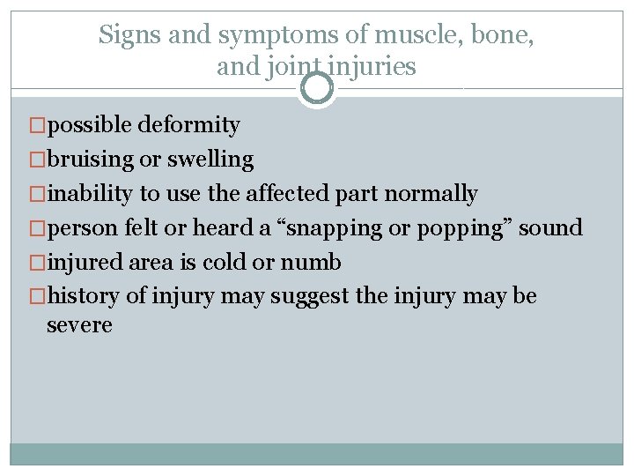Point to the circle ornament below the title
(317, 88)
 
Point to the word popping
(458, 228)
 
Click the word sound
(550, 228)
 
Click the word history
(85, 296)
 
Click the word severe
(80, 325)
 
